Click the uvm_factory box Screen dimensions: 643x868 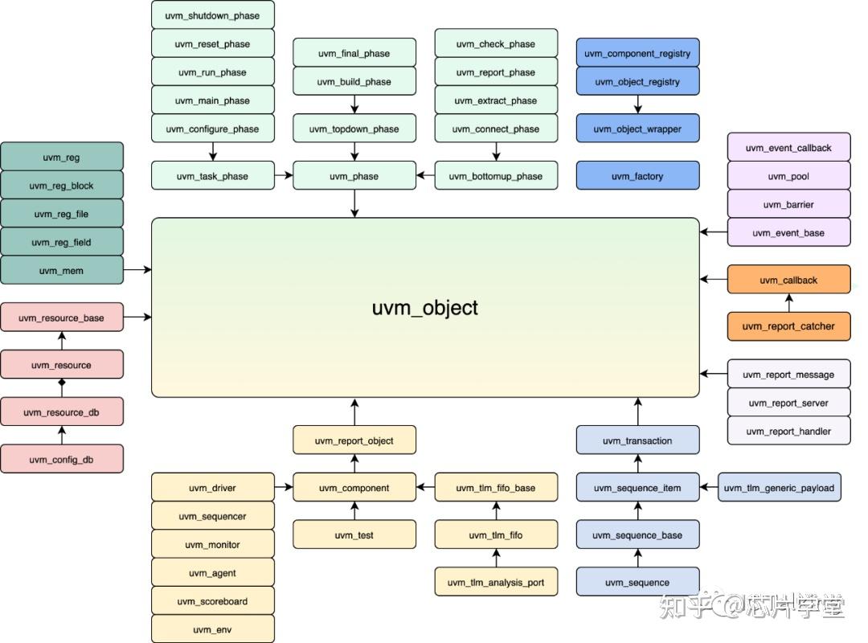[637, 176]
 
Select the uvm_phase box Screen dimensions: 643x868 [354, 176]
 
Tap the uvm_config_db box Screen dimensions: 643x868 [62, 459]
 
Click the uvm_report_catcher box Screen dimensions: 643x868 [788, 326]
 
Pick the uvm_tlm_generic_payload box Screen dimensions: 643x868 [779, 488]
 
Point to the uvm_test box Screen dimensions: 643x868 [354, 534]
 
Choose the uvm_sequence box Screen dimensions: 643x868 [637, 582]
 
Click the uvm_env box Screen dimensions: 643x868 [212, 629]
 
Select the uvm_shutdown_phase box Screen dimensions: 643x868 [212, 15]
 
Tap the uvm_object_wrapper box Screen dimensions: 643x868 [637, 129]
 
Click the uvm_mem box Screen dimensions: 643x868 [62, 270]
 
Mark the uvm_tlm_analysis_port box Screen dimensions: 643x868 [496, 582]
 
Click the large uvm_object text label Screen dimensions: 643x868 [425, 308]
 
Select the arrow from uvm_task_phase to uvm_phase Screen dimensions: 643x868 [284, 176]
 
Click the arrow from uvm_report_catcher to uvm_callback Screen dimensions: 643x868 [788, 303]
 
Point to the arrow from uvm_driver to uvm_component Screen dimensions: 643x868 [284, 487]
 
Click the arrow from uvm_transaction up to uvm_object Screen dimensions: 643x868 [637, 412]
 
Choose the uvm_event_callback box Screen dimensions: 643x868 [788, 148]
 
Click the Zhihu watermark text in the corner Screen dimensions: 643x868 [751, 605]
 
